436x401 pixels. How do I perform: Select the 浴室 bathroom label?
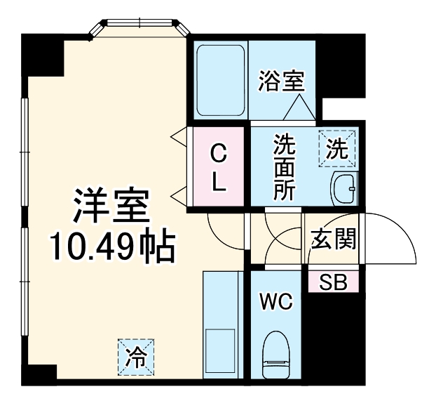(x=280, y=81)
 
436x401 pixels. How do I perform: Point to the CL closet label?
(x=219, y=168)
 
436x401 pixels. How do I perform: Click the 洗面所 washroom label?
(x=284, y=168)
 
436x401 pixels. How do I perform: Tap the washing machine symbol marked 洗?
(x=337, y=148)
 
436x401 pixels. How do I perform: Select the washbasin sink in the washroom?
(x=343, y=188)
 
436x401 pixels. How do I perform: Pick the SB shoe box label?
(x=333, y=282)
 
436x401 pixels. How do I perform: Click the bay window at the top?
(x=140, y=29)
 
